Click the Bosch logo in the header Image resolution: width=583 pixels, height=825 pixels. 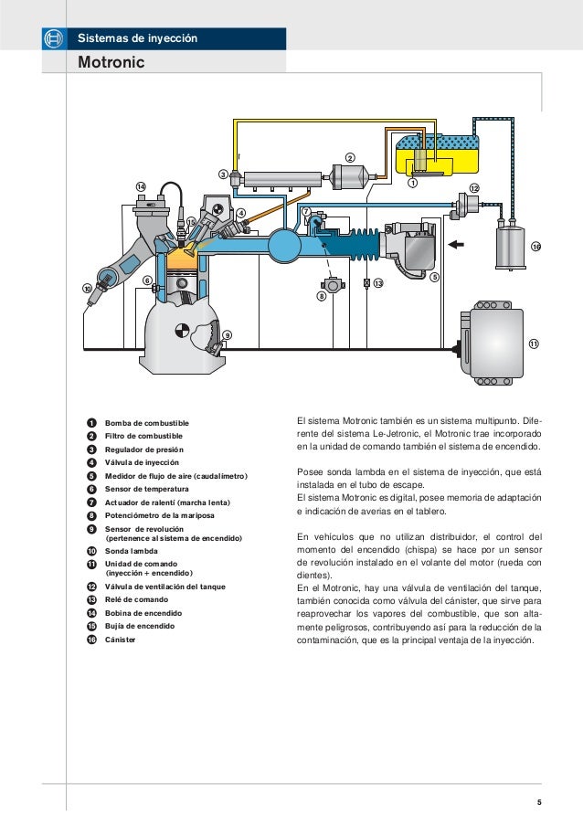click(52, 38)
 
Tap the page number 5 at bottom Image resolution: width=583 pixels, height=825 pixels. click(539, 803)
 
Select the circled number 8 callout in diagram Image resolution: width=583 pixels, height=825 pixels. click(322, 297)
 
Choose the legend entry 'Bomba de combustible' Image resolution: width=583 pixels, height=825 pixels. click(147, 423)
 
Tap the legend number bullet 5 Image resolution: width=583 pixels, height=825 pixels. click(92, 476)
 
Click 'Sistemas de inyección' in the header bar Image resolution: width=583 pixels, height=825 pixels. click(136, 38)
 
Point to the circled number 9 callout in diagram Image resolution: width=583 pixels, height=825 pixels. click(227, 335)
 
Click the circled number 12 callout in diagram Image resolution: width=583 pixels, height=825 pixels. click(473, 187)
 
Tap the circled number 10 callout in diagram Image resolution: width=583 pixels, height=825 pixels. click(88, 289)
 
